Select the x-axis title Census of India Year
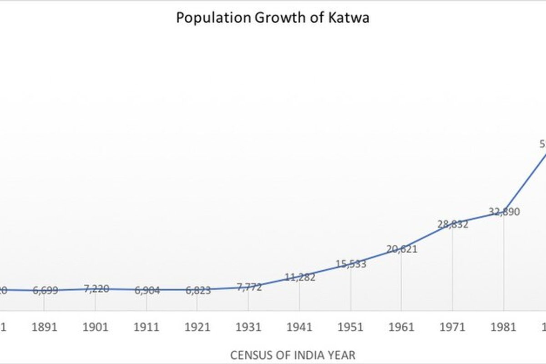(293, 354)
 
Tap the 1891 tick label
(45, 327)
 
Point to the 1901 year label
(96, 327)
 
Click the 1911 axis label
(147, 327)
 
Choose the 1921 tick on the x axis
(198, 327)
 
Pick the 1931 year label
(249, 327)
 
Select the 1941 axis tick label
(300, 327)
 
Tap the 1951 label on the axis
(351, 327)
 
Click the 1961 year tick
(402, 327)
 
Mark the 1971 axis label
(453, 327)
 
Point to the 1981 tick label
(504, 327)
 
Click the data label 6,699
(45, 290)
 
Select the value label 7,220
(96, 288)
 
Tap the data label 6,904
(147, 290)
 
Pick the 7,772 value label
(249, 287)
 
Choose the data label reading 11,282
(300, 277)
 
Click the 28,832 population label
(453, 224)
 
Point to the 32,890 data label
(504, 212)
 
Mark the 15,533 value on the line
(351, 263)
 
